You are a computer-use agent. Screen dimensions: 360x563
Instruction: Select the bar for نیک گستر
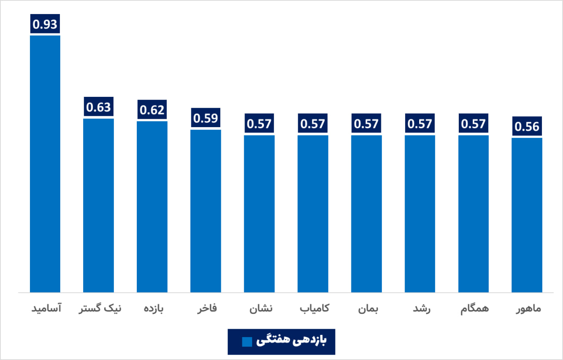[x=99, y=205]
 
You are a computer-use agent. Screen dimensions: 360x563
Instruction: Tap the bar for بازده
[x=152, y=206]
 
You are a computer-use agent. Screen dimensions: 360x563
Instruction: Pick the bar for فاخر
[x=206, y=211]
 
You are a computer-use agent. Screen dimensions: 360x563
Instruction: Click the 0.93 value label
[x=45, y=24]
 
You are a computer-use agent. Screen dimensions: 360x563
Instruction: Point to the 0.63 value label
[x=99, y=107]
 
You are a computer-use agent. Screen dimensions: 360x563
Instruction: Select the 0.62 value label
[x=152, y=110]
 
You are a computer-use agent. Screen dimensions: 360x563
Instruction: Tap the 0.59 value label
[x=206, y=118]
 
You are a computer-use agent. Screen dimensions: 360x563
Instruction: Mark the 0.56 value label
[x=527, y=127]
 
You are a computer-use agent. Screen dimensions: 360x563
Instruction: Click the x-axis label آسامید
[x=46, y=309]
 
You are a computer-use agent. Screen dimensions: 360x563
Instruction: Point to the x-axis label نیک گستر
[x=99, y=309]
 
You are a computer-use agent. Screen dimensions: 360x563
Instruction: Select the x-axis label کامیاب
[x=314, y=309]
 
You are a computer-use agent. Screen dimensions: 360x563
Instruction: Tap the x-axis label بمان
[x=368, y=309]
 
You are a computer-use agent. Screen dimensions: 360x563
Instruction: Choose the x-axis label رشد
[x=421, y=309]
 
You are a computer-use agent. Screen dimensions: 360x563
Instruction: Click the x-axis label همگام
[x=475, y=309]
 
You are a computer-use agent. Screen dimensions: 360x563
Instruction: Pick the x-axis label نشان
[x=261, y=309]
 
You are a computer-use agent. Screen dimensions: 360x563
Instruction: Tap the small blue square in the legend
[x=247, y=342]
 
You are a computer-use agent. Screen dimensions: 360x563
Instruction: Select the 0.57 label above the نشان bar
[x=260, y=124]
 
